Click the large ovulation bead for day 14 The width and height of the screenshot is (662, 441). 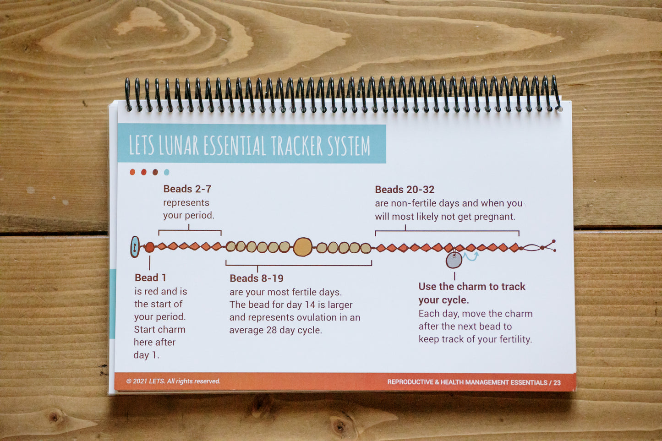tap(303, 247)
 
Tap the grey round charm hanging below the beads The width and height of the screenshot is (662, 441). tap(454, 260)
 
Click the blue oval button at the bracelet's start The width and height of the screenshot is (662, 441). tap(135, 247)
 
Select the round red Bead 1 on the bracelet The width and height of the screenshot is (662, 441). tap(149, 247)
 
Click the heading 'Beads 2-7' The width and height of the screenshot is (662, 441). tap(187, 189)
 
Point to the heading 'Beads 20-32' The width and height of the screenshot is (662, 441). tap(405, 189)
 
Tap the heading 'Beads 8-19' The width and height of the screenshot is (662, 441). tap(257, 278)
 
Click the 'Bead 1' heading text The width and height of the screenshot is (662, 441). tap(150, 278)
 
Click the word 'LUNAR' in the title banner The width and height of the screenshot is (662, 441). tap(179, 145)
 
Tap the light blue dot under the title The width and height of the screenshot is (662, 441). tap(167, 172)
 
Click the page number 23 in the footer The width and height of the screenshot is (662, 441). tap(557, 382)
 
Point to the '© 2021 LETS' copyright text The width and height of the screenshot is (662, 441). tap(145, 381)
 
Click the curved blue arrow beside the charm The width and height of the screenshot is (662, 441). tap(471, 256)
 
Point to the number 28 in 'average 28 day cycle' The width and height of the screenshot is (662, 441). tap(271, 330)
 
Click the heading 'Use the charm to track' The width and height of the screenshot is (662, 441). tap(472, 287)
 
